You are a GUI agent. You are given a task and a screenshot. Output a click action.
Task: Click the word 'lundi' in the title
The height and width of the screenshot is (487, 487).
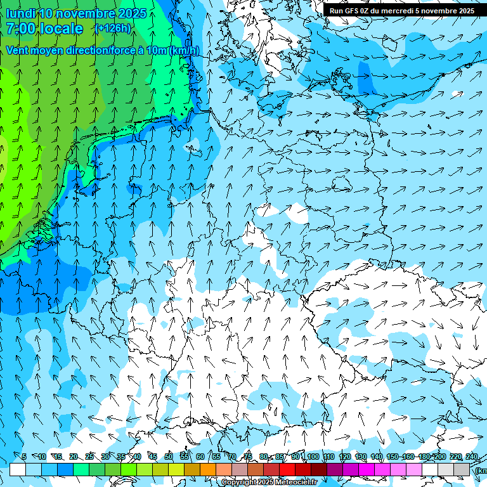click(20, 13)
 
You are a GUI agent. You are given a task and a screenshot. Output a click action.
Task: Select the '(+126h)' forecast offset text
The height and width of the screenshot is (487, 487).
click(112, 29)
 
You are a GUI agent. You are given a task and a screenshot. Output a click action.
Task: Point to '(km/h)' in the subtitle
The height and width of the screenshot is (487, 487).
click(184, 50)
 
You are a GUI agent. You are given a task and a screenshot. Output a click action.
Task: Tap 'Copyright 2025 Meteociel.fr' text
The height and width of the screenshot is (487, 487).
click(269, 482)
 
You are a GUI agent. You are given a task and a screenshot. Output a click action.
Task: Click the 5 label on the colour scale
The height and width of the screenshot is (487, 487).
click(23, 457)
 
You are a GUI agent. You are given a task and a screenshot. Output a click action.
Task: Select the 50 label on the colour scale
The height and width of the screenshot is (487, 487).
click(169, 457)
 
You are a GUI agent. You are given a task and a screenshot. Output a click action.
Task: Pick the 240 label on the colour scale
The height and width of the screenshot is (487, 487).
click(471, 457)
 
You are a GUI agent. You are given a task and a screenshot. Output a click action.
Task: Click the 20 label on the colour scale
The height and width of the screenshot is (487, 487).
click(74, 457)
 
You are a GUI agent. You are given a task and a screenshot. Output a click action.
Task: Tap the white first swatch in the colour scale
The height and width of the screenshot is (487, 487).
click(18, 469)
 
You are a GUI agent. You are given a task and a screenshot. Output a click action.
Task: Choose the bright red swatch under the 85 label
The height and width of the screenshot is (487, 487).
click(287, 469)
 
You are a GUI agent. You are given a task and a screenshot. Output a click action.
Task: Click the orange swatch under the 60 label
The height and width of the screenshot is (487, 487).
click(208, 469)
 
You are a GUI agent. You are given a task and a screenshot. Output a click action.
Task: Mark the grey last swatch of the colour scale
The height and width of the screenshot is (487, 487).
click(462, 469)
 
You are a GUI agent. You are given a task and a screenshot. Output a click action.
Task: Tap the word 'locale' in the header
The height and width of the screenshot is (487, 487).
click(60, 29)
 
